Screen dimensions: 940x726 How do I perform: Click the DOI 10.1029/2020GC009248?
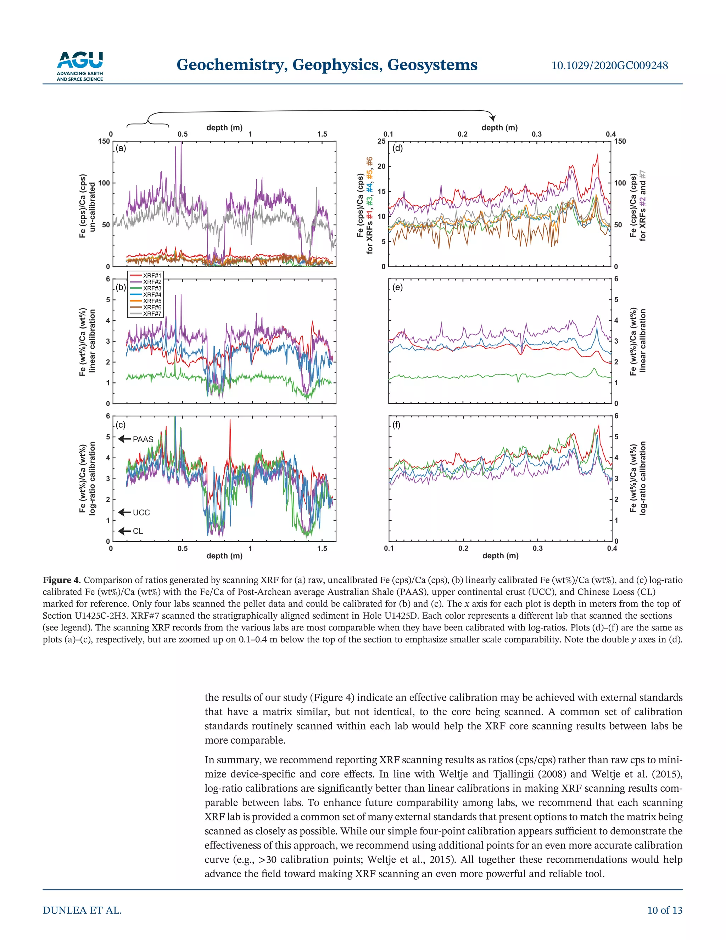pos(609,65)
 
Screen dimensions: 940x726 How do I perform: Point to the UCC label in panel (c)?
pos(135,512)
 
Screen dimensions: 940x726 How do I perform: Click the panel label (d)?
pos(398,149)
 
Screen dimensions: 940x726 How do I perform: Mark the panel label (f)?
pos(397,425)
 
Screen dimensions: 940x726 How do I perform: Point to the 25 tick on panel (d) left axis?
pos(381,141)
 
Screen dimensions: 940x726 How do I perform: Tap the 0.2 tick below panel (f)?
pos(463,548)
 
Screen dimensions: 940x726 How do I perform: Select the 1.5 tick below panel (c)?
pos(322,548)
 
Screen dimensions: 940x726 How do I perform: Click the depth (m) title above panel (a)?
pos(224,127)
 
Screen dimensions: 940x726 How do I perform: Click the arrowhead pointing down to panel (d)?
pos(493,118)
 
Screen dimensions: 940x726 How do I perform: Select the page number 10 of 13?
pos(665,910)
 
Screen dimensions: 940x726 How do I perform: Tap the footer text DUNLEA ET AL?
pos(82,910)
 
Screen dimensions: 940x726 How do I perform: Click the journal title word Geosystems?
pos(432,65)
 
